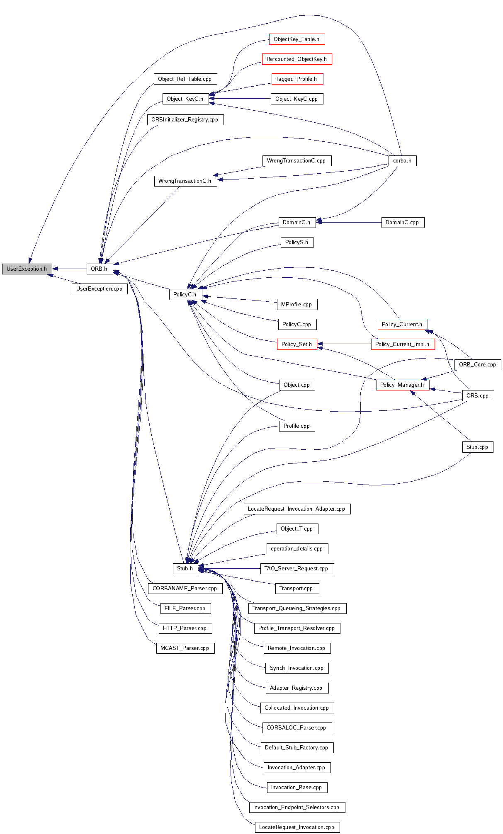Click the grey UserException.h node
[27, 269]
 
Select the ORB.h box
[99, 269]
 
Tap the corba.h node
[402, 160]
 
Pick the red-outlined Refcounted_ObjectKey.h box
[296, 59]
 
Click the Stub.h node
[185, 568]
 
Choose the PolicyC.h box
[185, 294]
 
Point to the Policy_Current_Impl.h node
[402, 344]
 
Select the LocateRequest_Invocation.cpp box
[296, 827]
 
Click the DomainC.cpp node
[402, 222]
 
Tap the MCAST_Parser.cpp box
[185, 648]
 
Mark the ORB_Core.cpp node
[477, 364]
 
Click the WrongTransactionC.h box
[185, 181]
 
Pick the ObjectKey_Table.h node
[296, 39]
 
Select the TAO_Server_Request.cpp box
[296, 568]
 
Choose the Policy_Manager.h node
[402, 385]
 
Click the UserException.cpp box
[100, 289]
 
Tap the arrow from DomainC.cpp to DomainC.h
[348, 222]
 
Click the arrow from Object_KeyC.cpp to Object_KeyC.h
[241, 99]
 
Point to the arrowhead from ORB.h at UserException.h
[55, 269]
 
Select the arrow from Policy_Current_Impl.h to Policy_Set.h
[344, 344]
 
